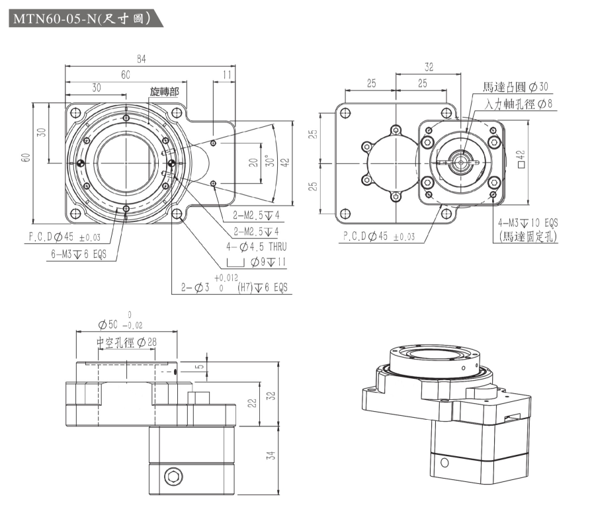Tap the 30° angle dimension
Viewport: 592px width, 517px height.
coord(268,161)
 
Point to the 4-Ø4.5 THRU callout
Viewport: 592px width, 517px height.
coord(254,247)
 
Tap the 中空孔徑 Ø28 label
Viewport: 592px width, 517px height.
coord(126,342)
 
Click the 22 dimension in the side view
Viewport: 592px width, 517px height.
coord(251,403)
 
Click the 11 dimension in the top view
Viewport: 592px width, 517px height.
coord(227,75)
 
